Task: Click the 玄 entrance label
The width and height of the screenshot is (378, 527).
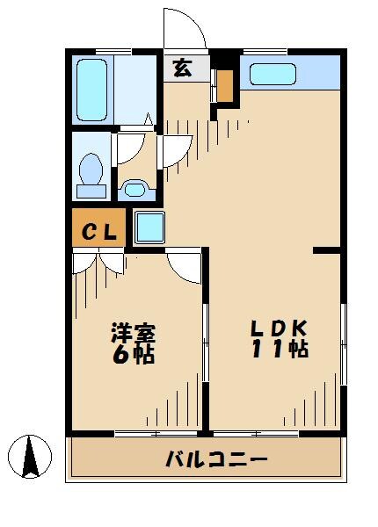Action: click(x=182, y=69)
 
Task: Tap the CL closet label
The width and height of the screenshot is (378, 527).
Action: click(x=98, y=232)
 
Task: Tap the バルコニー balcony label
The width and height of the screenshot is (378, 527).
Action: click(x=214, y=458)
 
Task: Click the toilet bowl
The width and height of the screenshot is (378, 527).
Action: click(x=91, y=173)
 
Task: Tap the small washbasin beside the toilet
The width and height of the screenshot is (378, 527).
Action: click(x=134, y=188)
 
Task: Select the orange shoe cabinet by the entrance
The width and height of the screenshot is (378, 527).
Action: click(x=226, y=85)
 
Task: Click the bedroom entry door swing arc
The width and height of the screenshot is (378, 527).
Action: click(x=185, y=264)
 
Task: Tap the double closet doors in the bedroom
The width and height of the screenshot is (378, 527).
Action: click(x=99, y=261)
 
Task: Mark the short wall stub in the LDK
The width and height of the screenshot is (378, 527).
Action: click(x=327, y=250)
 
